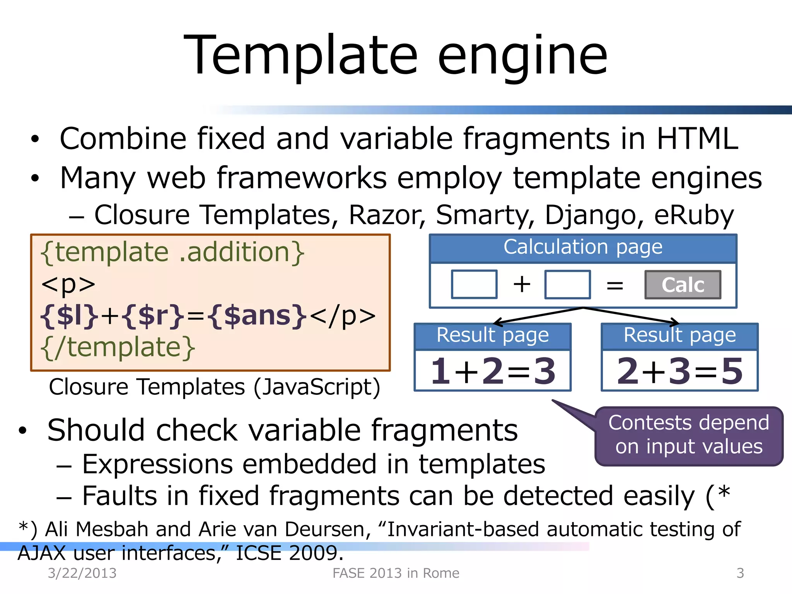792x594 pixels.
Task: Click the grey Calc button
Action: click(683, 285)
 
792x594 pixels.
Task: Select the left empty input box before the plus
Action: click(474, 285)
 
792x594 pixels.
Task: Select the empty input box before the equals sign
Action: click(567, 285)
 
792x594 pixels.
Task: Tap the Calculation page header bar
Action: click(583, 247)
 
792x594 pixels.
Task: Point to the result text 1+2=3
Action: click(493, 371)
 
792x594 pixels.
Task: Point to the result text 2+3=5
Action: click(679, 371)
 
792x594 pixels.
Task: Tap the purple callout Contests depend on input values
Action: click(689, 435)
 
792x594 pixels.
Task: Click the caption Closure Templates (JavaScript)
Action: click(215, 387)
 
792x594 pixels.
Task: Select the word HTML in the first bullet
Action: click(697, 138)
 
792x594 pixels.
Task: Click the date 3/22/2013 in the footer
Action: click(82, 573)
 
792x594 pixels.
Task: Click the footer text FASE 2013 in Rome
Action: click(396, 573)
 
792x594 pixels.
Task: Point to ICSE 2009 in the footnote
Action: click(289, 553)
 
